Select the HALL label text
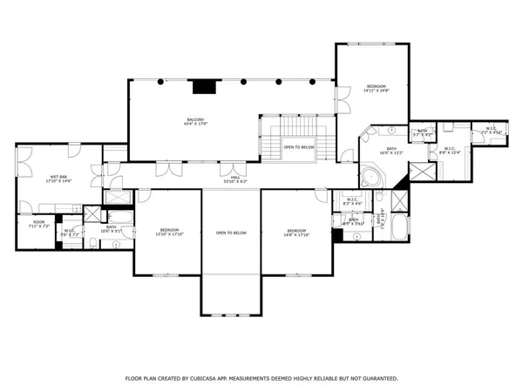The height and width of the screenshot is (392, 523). point(234,177)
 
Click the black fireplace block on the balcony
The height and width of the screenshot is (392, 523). point(204,86)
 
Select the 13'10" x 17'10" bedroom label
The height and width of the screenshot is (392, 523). point(166,233)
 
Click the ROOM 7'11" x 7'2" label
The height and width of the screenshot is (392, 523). point(38,224)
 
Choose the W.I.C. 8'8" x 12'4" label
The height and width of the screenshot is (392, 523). point(450,150)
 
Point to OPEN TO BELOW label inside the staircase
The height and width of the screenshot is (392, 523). point(298,147)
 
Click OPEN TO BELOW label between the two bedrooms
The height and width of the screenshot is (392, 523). point(232,233)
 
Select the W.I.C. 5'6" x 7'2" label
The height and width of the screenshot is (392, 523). point(71,233)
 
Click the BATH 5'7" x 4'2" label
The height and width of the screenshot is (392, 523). point(420,133)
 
